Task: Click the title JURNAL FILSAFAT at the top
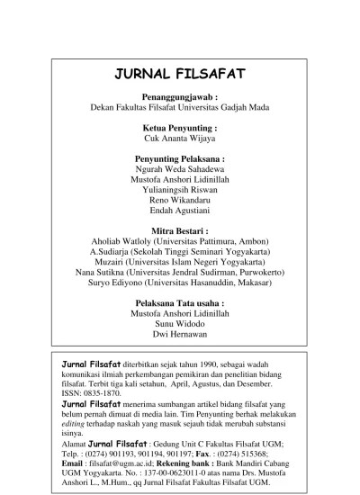click(180, 75)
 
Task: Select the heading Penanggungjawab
click(180, 96)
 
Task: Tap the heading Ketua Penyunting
click(180, 129)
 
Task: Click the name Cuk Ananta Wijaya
click(180, 139)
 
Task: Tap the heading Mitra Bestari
click(180, 230)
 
